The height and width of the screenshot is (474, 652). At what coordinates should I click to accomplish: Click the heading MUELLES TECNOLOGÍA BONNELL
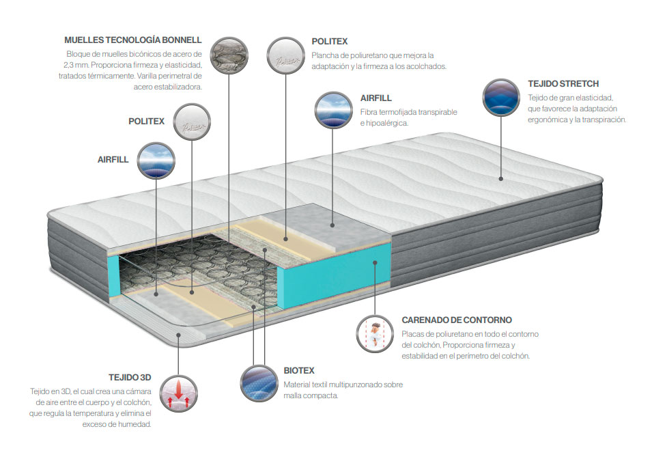pyautogui.click(x=132, y=40)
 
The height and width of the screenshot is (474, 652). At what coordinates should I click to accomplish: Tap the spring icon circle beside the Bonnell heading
pyautogui.click(x=229, y=56)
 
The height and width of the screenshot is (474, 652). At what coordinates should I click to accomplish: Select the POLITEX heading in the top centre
pyautogui.click(x=329, y=42)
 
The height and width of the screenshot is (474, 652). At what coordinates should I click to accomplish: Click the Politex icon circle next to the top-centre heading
pyautogui.click(x=285, y=56)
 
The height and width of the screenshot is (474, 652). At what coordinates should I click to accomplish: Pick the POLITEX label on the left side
pyautogui.click(x=146, y=122)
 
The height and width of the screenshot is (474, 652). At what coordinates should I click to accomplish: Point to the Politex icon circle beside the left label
pyautogui.click(x=192, y=122)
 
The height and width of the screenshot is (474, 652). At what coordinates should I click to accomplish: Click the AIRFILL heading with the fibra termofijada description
pyautogui.click(x=376, y=98)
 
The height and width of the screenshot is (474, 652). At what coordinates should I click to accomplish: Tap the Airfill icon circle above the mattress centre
pyautogui.click(x=333, y=110)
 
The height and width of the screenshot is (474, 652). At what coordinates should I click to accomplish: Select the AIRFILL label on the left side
pyautogui.click(x=113, y=160)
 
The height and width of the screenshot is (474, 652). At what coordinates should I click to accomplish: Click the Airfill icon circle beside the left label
pyautogui.click(x=156, y=161)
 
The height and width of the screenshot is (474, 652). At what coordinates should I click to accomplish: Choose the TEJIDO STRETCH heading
pyautogui.click(x=563, y=84)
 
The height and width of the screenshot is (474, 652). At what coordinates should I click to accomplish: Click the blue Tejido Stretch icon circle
pyautogui.click(x=501, y=98)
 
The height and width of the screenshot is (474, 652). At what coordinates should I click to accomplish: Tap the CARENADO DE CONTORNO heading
pyautogui.click(x=457, y=320)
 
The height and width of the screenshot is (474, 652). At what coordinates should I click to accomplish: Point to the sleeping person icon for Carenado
pyautogui.click(x=375, y=334)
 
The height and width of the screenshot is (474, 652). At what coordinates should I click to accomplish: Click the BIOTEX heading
pyautogui.click(x=298, y=371)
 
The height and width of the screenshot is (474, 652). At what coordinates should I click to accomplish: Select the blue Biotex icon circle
pyautogui.click(x=259, y=384)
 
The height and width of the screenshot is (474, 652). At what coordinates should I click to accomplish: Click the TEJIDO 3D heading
pyautogui.click(x=130, y=378)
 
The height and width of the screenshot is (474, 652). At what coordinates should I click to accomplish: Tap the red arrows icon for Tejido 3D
pyautogui.click(x=178, y=393)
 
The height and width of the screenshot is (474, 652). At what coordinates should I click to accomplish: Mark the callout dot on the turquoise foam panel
pyautogui.click(x=375, y=262)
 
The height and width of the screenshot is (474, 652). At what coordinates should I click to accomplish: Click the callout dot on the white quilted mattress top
pyautogui.click(x=501, y=178)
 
